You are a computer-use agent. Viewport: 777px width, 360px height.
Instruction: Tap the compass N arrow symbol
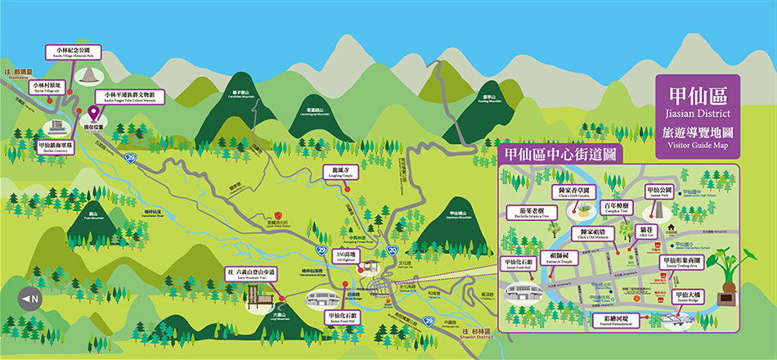[30, 299]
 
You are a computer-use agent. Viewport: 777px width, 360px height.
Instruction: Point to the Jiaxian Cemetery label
[56, 147]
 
